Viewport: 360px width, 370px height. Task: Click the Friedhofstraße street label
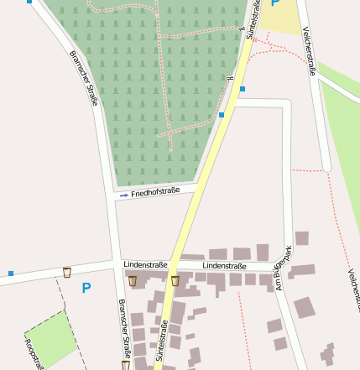pyautogui.click(x=156, y=193)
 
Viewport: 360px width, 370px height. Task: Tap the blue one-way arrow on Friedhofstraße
pyautogui.click(x=124, y=195)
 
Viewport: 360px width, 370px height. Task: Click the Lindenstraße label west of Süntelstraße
pyautogui.click(x=145, y=264)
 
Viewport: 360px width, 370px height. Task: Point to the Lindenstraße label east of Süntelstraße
pyautogui.click(x=224, y=266)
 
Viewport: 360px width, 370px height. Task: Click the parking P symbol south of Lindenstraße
pyautogui.click(x=86, y=288)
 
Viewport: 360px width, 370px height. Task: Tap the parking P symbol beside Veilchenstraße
pyautogui.click(x=274, y=3)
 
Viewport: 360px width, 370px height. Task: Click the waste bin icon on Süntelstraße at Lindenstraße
pyautogui.click(x=175, y=281)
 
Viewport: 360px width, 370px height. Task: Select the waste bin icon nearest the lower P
pyautogui.click(x=67, y=272)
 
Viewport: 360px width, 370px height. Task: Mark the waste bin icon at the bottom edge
pyautogui.click(x=126, y=365)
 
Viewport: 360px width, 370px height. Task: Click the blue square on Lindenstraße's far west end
pyautogui.click(x=11, y=274)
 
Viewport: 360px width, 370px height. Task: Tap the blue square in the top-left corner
pyautogui.click(x=30, y=2)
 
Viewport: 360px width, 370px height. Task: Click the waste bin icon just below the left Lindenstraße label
pyautogui.click(x=133, y=281)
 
